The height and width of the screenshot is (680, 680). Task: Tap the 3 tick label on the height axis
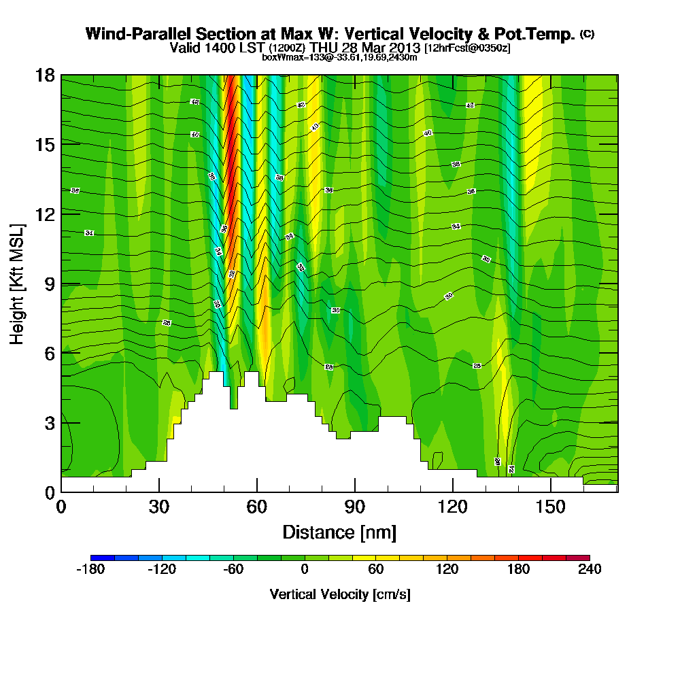(48, 422)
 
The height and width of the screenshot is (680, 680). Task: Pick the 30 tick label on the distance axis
(159, 507)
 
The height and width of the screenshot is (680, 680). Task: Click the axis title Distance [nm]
(339, 532)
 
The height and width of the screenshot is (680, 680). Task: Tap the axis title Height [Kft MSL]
(17, 283)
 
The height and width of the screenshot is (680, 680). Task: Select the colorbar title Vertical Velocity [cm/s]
(340, 594)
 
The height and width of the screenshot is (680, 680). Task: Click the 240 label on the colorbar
(588, 570)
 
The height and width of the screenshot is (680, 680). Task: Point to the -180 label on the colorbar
(89, 570)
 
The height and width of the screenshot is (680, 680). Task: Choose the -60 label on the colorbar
(233, 570)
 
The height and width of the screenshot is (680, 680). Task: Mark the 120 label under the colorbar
(447, 570)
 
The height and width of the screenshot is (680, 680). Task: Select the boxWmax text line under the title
(339, 58)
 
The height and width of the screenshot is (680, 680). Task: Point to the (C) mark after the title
(587, 33)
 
